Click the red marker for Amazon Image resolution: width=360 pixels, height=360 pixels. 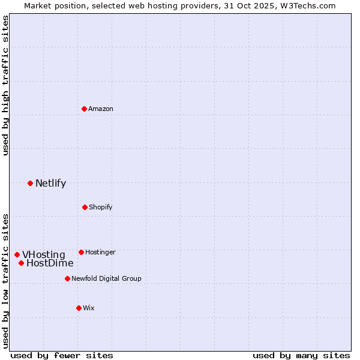[84, 109]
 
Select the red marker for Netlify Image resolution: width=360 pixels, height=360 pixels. [30, 183]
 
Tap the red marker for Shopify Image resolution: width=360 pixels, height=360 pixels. [85, 207]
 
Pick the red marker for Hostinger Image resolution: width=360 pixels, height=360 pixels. [81, 252]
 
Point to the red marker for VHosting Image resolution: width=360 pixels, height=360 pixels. [17, 254]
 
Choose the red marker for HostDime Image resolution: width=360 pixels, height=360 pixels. [21, 263]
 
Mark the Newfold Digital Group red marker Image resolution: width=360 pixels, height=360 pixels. [67, 278]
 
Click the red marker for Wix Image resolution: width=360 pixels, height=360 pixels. [79, 308]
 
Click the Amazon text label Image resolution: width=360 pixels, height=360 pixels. [101, 109]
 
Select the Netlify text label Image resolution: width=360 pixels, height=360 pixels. [50, 183]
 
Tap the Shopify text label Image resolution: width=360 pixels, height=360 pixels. [101, 207]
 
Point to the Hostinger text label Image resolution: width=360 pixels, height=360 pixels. [100, 252]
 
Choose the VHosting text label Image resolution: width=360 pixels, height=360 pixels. [44, 254]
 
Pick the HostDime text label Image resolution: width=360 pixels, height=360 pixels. [50, 263]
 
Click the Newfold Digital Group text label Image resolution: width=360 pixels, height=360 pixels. [106, 278]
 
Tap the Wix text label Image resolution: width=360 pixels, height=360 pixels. [89, 308]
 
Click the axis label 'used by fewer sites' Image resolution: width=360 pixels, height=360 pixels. [62, 355]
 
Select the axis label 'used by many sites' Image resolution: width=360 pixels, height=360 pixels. [301, 355]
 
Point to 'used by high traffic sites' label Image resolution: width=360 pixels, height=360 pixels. [5, 85]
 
